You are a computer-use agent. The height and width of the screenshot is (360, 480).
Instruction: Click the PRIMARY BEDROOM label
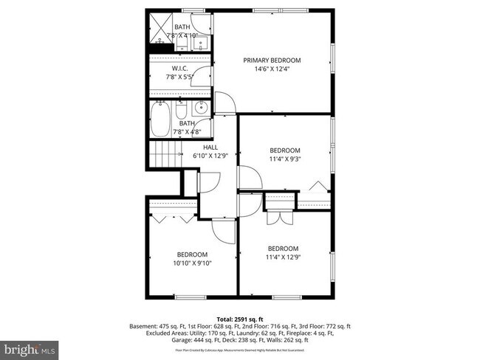point(272,60)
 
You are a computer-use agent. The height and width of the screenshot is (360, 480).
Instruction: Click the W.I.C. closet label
point(181,69)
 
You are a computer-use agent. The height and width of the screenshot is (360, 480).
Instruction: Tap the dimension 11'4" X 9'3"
point(284,159)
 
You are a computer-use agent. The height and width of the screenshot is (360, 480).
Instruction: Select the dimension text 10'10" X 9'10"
point(193,263)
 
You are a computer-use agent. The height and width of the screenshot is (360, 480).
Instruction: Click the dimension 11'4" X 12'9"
point(284,257)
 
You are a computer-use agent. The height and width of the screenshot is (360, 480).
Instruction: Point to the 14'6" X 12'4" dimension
point(272,69)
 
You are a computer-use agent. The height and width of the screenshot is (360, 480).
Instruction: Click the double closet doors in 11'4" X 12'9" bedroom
point(277,218)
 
